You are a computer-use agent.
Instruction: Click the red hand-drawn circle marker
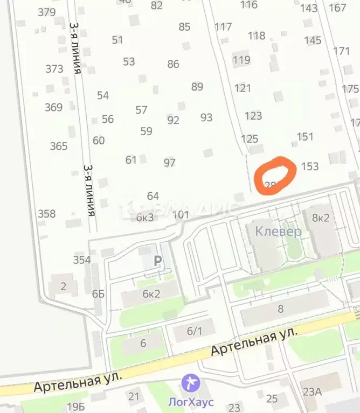274,176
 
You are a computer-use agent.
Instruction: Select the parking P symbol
158,261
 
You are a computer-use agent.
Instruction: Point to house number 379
47,12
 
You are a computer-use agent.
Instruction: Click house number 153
310,166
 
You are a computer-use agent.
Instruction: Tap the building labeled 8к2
321,218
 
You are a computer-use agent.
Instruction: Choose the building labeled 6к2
151,294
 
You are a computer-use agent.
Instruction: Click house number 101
181,215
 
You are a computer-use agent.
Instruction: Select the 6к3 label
145,218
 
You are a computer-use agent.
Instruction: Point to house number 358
46,214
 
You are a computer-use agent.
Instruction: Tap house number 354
82,260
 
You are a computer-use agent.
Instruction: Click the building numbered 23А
312,392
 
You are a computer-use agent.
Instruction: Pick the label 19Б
77,406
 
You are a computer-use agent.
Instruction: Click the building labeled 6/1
194,332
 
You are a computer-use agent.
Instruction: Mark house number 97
170,162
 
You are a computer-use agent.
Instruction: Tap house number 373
54,69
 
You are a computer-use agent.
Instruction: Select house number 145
313,40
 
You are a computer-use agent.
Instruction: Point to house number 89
197,87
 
